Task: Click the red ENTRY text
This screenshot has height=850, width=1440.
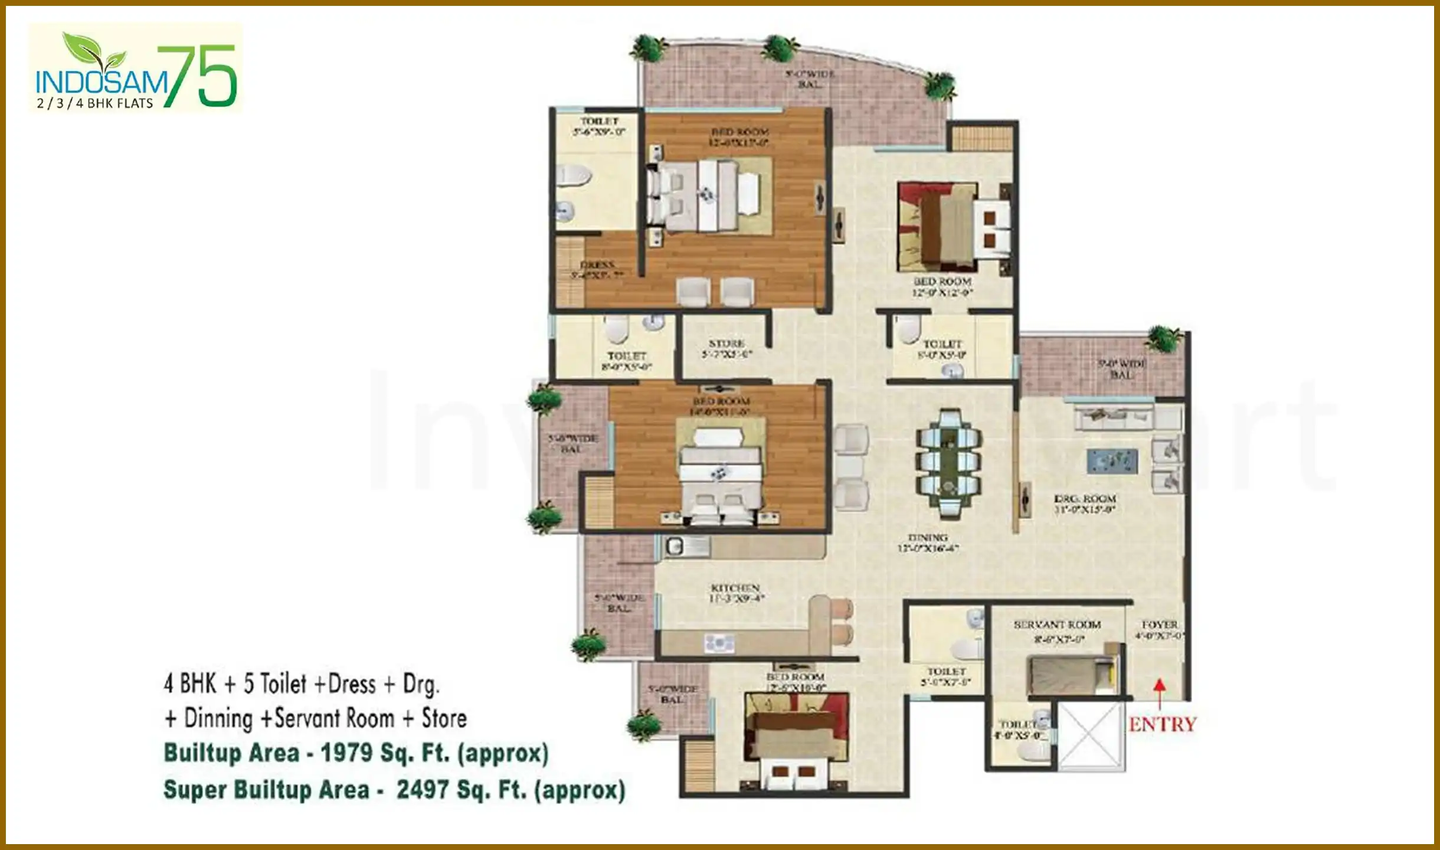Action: pyautogui.click(x=1162, y=724)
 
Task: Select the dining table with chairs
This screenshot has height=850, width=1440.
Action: pyautogui.click(x=949, y=464)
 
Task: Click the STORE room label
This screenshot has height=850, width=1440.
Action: pyautogui.click(x=726, y=344)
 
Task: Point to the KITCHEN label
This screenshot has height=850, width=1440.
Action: pyautogui.click(x=735, y=588)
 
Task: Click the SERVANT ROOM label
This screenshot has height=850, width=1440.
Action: pyautogui.click(x=1057, y=625)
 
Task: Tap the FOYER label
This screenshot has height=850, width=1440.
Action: pyautogui.click(x=1160, y=625)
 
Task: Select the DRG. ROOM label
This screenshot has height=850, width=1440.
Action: pyautogui.click(x=1085, y=499)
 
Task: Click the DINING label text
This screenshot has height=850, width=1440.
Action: pyautogui.click(x=928, y=538)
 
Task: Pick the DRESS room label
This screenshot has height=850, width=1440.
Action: pyautogui.click(x=597, y=265)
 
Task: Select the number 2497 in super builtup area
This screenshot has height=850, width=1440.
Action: pyautogui.click(x=423, y=790)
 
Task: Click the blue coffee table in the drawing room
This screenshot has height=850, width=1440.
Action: pyautogui.click(x=1112, y=461)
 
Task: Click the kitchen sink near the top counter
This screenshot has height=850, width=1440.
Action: pyautogui.click(x=675, y=547)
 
